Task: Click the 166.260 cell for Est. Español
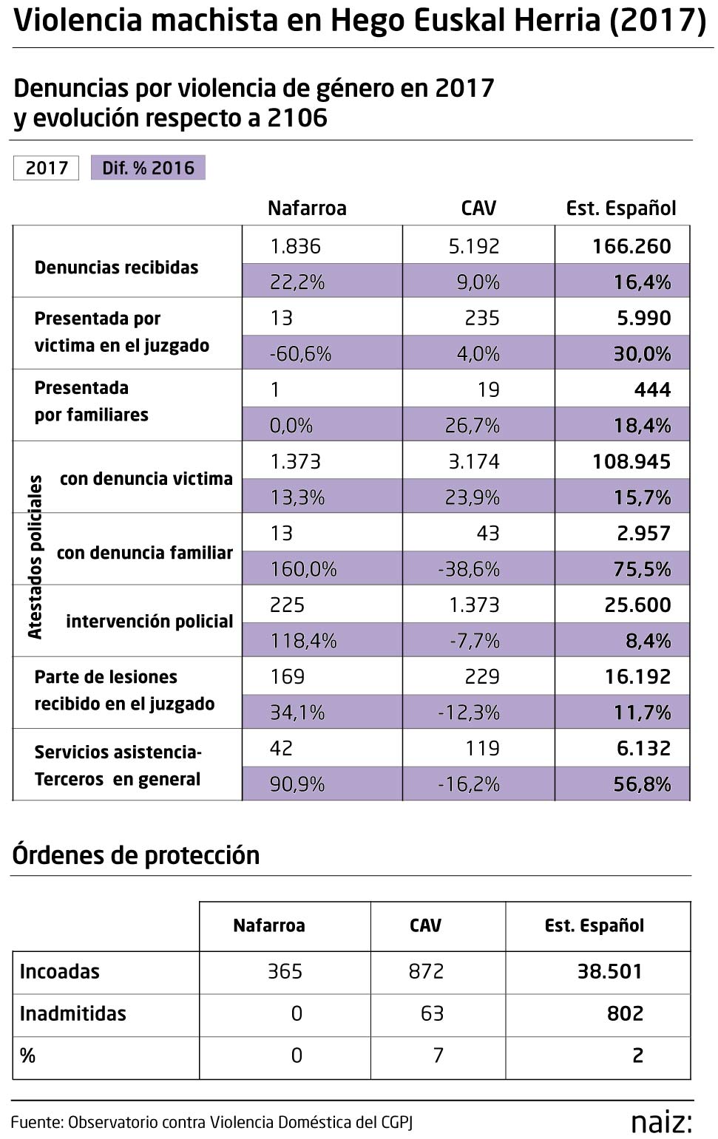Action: [631, 246]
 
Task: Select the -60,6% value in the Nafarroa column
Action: [299, 354]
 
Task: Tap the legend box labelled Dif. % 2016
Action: [148, 168]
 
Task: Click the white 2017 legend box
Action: [47, 168]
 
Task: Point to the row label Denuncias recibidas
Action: [116, 268]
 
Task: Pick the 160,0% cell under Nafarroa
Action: [303, 569]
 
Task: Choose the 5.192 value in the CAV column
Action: [474, 246]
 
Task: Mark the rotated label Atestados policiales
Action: [35, 557]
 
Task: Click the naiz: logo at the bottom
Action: [661, 1121]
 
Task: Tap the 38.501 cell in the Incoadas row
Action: [609, 971]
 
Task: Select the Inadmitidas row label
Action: [72, 1013]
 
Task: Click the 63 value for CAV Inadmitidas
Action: [432, 1013]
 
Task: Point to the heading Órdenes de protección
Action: [136, 855]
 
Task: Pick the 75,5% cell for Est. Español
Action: [642, 569]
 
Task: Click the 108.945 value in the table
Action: [631, 462]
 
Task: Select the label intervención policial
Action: [149, 622]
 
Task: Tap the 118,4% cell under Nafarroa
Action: [303, 641]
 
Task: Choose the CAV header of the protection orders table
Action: [425, 925]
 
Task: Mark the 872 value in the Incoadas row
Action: [426, 971]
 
